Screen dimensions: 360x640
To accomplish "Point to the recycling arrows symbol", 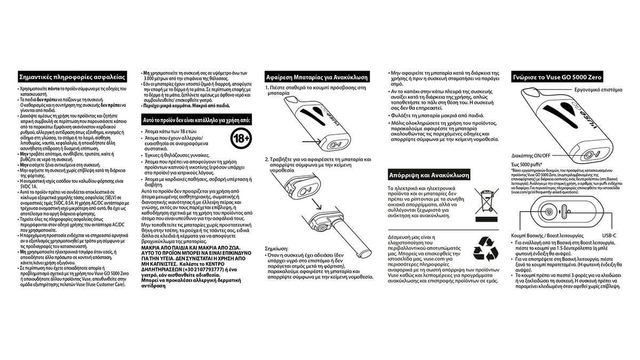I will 486,249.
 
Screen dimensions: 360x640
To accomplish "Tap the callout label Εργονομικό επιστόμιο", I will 598,91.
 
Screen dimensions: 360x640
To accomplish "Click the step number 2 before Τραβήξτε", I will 267,159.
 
